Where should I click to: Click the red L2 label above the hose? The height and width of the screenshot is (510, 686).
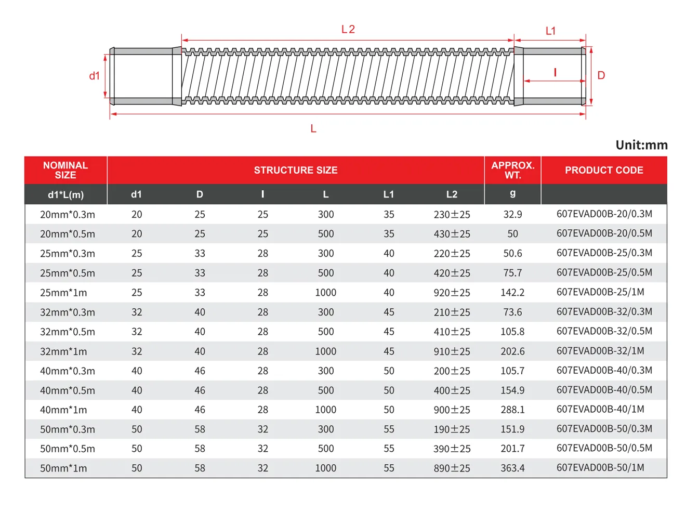click(348, 30)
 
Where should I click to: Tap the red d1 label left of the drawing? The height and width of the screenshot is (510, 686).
click(95, 76)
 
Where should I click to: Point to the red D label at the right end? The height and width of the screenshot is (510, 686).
click(601, 75)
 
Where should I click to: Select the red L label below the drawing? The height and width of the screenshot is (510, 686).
click(313, 128)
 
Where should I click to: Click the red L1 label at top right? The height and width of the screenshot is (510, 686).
click(550, 31)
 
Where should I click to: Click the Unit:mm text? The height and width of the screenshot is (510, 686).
click(641, 145)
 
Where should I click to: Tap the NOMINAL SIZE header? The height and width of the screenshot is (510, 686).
click(65, 170)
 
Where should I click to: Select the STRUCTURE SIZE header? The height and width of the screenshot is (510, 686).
click(296, 170)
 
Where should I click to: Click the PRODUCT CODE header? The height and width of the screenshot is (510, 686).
click(604, 170)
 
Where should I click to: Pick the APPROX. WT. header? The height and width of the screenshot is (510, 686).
click(513, 170)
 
